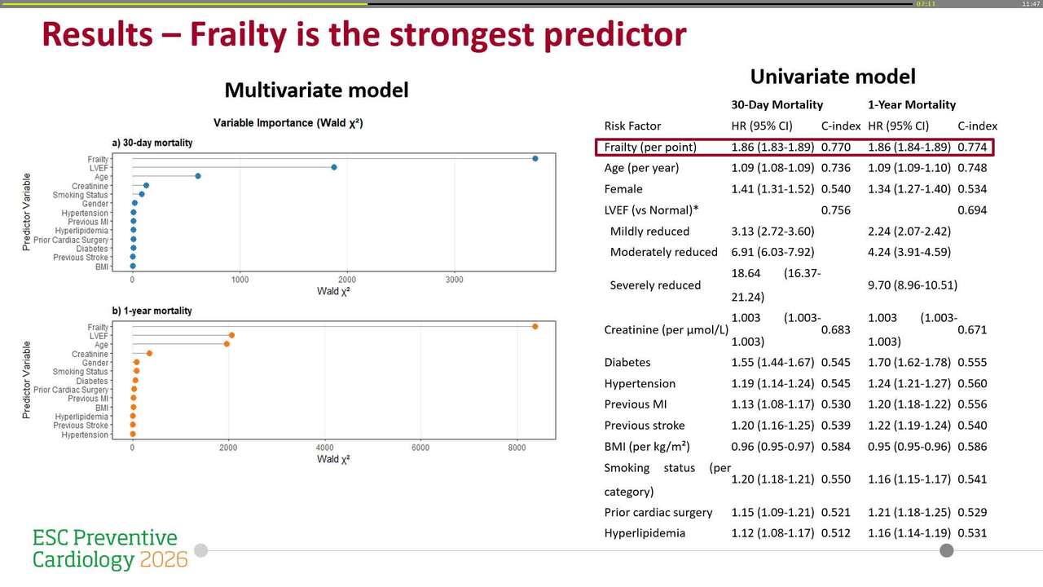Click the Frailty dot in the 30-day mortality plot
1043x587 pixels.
point(535,158)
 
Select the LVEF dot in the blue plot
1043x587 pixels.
point(334,167)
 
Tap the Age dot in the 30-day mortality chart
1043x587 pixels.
point(198,176)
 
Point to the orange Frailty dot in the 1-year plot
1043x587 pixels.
point(535,326)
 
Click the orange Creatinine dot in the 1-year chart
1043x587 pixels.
point(149,353)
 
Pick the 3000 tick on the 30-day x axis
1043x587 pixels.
point(454,280)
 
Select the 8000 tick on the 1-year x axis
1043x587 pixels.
point(517,448)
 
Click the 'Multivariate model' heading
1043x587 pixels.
point(316,90)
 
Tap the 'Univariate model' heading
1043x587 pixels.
point(833,77)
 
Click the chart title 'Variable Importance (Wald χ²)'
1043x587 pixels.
point(288,123)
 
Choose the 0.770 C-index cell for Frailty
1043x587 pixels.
point(835,147)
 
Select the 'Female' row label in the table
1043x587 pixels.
point(623,189)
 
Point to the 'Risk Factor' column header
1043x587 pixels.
point(632,126)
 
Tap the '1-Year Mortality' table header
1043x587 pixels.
point(912,104)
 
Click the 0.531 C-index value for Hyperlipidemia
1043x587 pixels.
point(972,533)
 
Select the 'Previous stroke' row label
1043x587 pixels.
point(644,426)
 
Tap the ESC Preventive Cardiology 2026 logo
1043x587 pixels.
point(109,549)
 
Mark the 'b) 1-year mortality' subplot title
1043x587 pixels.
point(152,311)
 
